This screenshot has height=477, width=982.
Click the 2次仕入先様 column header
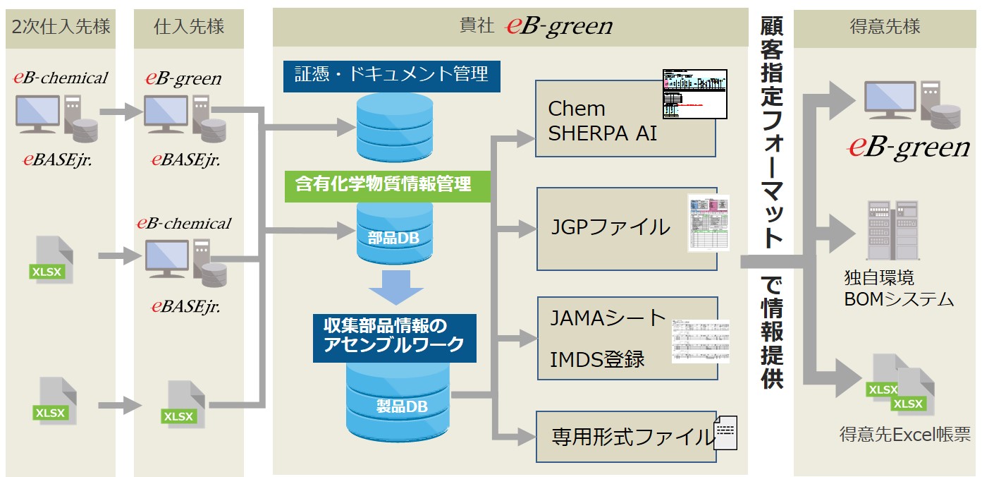61,28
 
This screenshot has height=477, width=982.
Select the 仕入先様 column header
189,28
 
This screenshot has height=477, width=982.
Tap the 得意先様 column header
885,28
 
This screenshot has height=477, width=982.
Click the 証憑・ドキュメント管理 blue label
391,76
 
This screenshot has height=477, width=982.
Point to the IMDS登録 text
597,359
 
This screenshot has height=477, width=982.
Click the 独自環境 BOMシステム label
898,288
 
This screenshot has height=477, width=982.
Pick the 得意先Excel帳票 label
904,435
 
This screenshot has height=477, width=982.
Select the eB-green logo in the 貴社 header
559,27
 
